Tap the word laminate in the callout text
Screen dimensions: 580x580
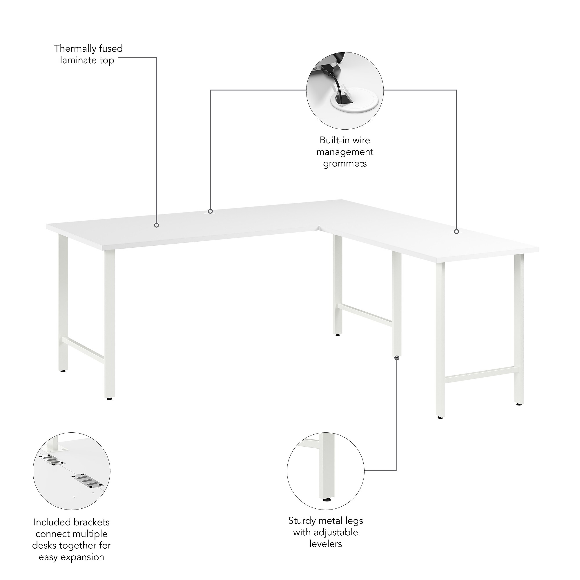[78, 60]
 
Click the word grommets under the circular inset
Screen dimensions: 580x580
[345, 164]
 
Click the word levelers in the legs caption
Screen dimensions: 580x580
[326, 544]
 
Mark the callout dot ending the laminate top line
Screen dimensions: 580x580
[156, 225]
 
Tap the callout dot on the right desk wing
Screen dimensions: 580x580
[456, 231]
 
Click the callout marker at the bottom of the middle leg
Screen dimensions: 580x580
[397, 358]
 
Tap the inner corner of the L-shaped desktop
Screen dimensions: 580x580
[319, 231]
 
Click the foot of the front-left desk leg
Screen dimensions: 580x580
[110, 398]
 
